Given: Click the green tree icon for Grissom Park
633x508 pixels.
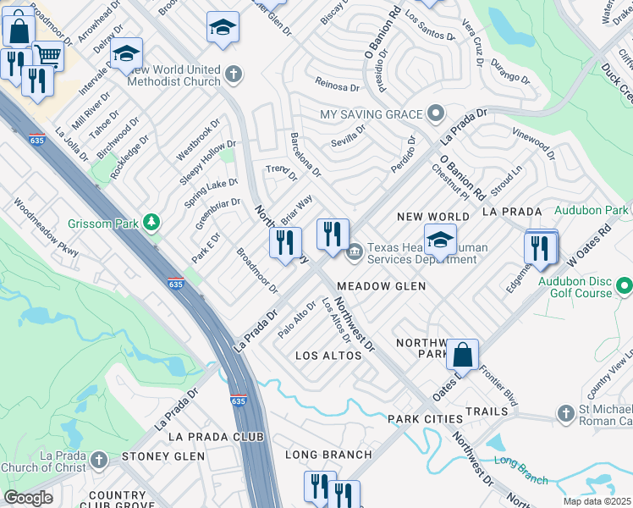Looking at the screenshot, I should pos(151,223).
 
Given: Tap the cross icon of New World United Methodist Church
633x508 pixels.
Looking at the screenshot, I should pos(234,75).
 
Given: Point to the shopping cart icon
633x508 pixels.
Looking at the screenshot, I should pos(48,56).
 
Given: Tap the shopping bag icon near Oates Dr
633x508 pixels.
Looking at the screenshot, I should pos(463,353).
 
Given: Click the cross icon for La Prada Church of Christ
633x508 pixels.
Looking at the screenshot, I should pos(99,459).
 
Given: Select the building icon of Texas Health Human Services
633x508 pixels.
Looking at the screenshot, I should pos(354,250).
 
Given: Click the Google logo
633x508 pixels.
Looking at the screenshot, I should pos(28,497).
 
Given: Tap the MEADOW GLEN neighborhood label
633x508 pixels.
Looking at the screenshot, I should pos(381,286).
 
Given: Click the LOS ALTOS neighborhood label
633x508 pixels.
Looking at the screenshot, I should pos(328,356).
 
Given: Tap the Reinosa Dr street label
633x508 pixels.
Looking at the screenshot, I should pos(338,83).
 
